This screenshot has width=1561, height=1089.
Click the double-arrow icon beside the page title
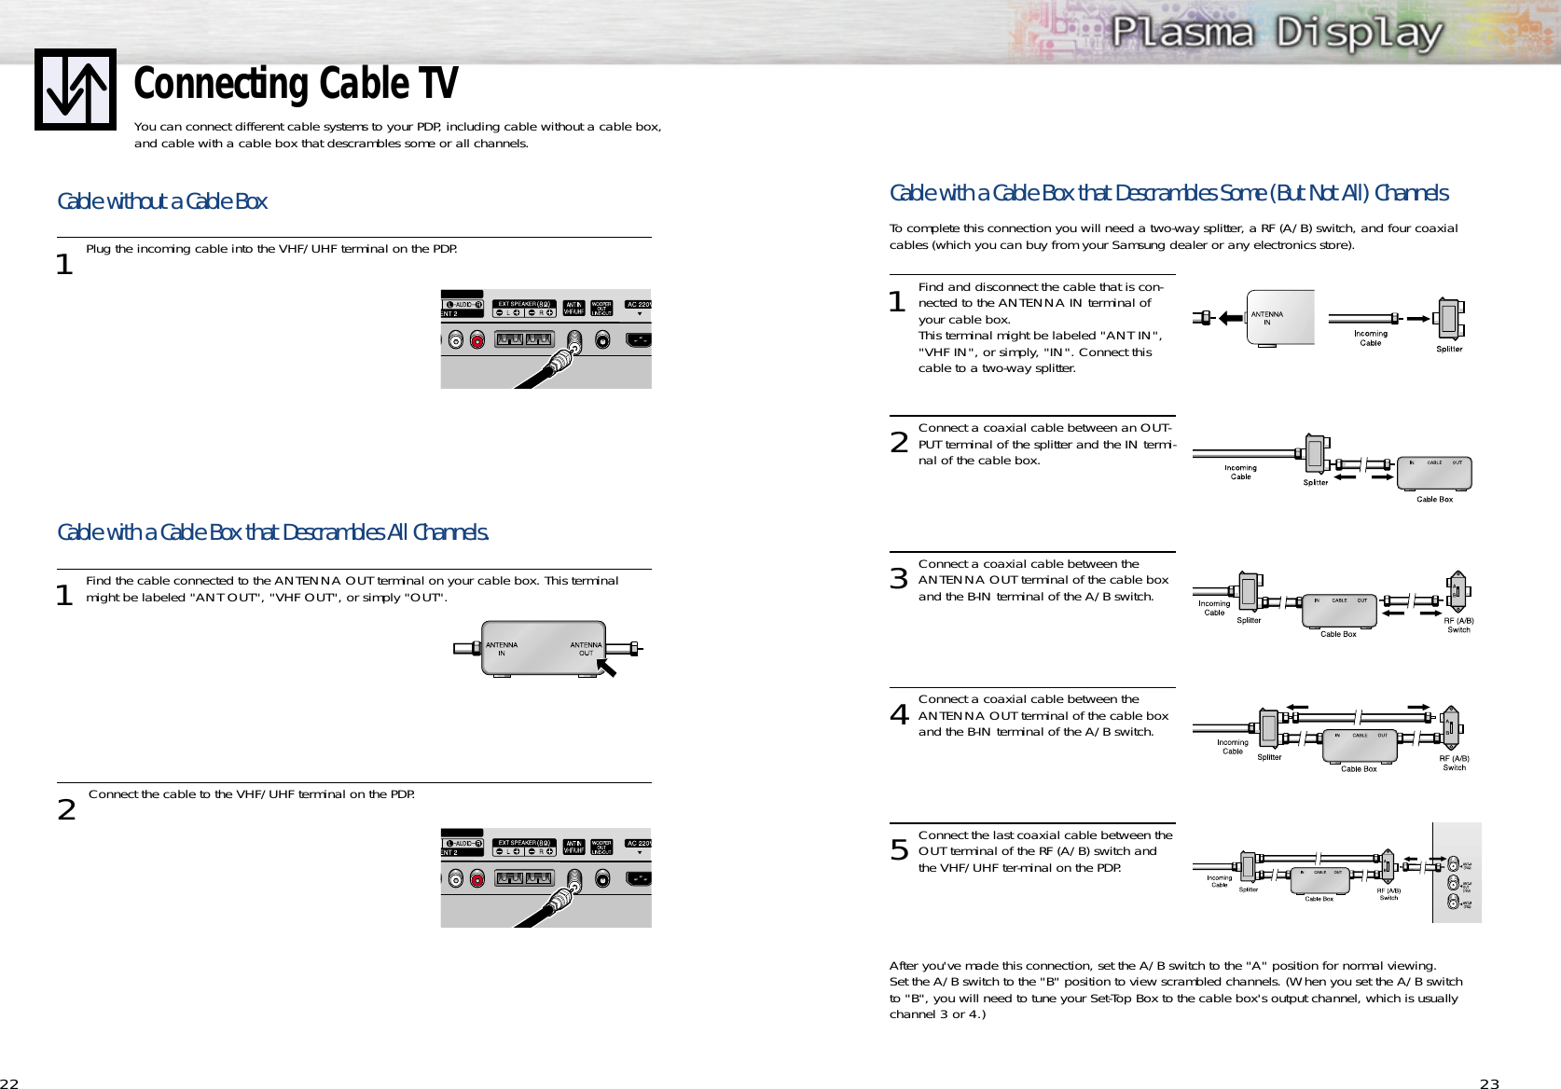point(76,90)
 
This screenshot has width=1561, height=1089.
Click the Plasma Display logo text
point(1277,33)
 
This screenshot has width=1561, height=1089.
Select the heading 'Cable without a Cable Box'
point(162,201)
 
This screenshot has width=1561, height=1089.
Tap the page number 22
point(9,1083)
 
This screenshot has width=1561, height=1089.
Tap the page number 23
point(1489,1083)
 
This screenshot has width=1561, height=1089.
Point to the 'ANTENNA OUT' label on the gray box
point(586,649)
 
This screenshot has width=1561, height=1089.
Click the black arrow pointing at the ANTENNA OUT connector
point(607,668)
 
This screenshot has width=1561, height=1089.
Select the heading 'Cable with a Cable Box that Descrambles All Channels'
point(273,532)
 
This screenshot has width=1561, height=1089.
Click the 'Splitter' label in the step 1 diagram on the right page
point(1449,350)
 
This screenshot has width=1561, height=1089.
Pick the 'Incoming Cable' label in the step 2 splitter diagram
point(1240,473)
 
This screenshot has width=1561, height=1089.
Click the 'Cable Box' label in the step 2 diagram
point(1434,500)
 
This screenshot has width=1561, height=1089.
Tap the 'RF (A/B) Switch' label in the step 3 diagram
point(1458,625)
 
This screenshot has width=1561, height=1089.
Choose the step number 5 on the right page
point(899,850)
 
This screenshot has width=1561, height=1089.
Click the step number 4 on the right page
point(899,715)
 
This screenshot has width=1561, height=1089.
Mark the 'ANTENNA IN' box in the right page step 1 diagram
point(1279,318)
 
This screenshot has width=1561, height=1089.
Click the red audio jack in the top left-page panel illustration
point(477,340)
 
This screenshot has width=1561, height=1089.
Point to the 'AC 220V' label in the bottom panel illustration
point(639,844)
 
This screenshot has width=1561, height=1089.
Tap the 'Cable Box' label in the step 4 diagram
point(1359,769)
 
